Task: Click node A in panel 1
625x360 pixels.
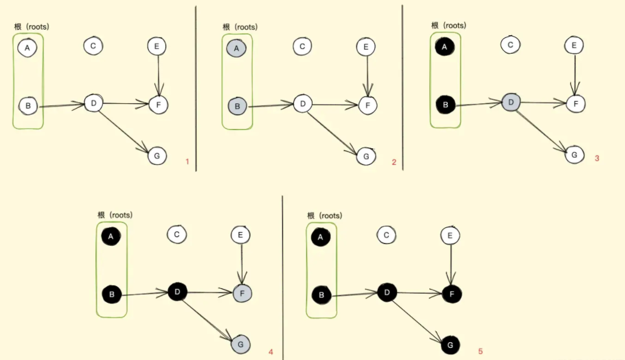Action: point(27,47)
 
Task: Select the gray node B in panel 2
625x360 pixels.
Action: point(237,107)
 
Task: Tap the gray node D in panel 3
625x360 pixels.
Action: point(511,103)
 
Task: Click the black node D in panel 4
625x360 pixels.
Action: point(177,292)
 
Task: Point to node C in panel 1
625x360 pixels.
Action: point(93,46)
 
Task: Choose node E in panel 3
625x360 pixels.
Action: point(573,45)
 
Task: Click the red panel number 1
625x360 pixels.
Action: point(187,162)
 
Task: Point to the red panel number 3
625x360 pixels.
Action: point(597,157)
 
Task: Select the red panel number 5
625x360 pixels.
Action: point(480,351)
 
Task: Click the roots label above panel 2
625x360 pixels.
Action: point(240,27)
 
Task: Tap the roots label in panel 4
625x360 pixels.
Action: point(115,215)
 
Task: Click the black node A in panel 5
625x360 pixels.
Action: point(320,237)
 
